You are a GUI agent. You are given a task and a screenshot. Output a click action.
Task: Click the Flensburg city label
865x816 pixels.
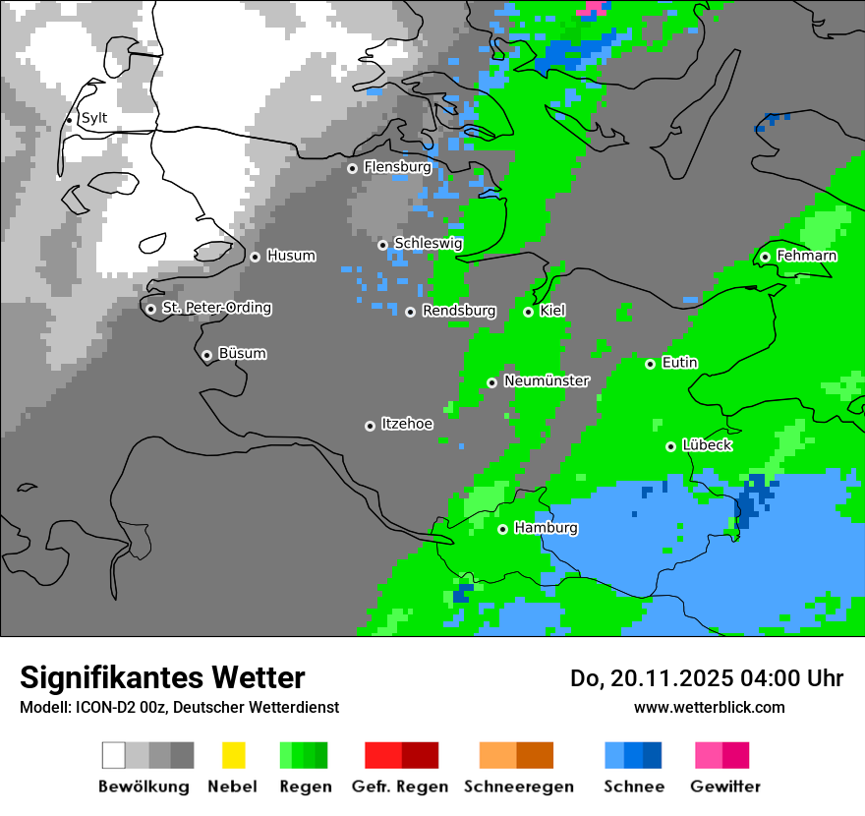397,167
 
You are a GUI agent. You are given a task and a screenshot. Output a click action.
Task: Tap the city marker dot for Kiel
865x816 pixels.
529,312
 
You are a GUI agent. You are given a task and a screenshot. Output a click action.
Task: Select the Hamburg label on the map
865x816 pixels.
546,528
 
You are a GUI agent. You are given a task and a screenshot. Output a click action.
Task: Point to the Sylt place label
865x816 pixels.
94,118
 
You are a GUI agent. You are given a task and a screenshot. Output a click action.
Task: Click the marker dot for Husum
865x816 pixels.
255,257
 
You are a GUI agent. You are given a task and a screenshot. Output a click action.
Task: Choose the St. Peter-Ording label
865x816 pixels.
216,308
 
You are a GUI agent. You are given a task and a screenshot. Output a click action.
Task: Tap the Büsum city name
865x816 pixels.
242,353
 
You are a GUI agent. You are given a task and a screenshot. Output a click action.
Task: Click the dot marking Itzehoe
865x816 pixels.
370,426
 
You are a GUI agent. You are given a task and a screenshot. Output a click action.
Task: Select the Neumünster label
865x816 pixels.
547,380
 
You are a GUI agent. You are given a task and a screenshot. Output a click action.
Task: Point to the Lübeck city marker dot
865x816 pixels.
670,446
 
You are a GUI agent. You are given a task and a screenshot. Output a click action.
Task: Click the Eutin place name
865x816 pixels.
679,363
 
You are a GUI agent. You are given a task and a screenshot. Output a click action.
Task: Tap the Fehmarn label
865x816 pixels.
806,256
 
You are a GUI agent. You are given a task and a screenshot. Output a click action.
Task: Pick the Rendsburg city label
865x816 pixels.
458,311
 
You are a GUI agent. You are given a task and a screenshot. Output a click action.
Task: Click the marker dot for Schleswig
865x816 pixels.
383,245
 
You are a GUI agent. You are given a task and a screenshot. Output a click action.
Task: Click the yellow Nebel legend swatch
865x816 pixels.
233,755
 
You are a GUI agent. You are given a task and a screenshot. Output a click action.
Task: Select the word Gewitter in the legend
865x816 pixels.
725,787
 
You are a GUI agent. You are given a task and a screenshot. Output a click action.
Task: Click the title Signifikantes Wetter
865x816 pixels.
162,677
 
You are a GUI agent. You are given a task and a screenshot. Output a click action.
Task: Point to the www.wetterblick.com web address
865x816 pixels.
709,707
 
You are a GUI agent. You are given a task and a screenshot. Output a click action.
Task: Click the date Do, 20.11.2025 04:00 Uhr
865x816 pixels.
706,678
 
